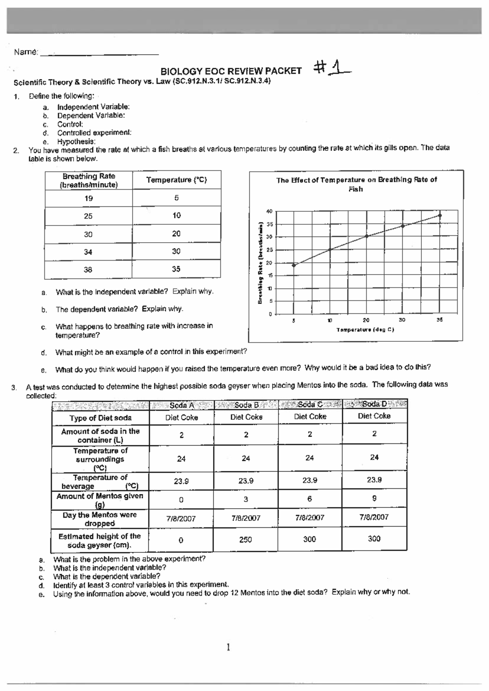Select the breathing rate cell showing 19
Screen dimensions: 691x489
[88, 198]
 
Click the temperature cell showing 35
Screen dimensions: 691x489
[176, 269]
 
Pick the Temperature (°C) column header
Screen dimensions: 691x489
[176, 180]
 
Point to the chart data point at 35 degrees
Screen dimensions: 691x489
[440, 215]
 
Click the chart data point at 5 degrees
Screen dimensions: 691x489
[294, 265]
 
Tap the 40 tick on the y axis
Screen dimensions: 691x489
[269, 211]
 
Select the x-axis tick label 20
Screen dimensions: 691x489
[366, 321]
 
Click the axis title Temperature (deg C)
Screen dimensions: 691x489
[365, 330]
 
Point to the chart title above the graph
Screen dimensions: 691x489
[356, 184]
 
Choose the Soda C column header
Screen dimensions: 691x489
[310, 405]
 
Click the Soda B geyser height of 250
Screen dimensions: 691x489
[245, 540]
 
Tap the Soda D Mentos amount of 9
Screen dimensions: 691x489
[374, 498]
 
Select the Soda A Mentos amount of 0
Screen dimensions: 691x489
[181, 500]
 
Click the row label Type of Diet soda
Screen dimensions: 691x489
[100, 418]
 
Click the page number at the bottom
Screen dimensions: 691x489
[228, 647]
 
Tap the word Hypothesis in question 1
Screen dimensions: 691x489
[76, 142]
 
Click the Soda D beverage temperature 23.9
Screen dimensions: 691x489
[374, 480]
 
